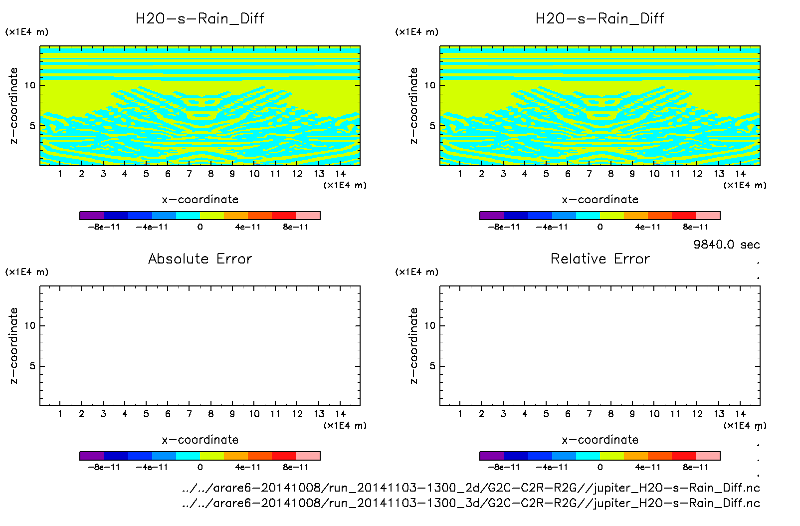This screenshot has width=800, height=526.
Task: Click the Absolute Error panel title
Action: (200, 259)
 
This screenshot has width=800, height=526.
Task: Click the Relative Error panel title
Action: (600, 259)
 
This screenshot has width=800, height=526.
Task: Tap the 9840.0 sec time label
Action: (726, 245)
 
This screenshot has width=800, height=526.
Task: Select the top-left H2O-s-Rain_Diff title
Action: (200, 18)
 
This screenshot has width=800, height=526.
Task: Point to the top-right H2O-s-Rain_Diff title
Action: (600, 18)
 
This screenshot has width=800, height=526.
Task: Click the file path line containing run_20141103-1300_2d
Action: (471, 488)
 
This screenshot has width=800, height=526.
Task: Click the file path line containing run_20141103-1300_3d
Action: (471, 503)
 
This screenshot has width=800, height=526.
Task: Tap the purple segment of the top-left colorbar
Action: (92, 216)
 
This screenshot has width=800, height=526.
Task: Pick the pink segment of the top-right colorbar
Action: (708, 216)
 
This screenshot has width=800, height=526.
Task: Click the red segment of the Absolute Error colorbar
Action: (284, 456)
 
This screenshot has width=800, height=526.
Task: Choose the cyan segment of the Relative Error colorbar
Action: (588, 456)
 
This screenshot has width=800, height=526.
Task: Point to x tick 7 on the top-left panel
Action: (189, 174)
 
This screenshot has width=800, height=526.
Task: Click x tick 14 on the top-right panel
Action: (740, 174)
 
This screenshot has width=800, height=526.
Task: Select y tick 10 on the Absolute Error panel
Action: (30, 326)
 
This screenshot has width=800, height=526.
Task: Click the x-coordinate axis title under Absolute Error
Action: (200, 440)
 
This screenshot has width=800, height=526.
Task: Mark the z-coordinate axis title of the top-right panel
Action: (413, 106)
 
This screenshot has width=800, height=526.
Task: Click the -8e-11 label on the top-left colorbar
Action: (104, 227)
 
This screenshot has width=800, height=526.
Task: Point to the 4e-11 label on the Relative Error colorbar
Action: (647, 468)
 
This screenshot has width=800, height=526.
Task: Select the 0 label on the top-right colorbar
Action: (600, 227)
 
